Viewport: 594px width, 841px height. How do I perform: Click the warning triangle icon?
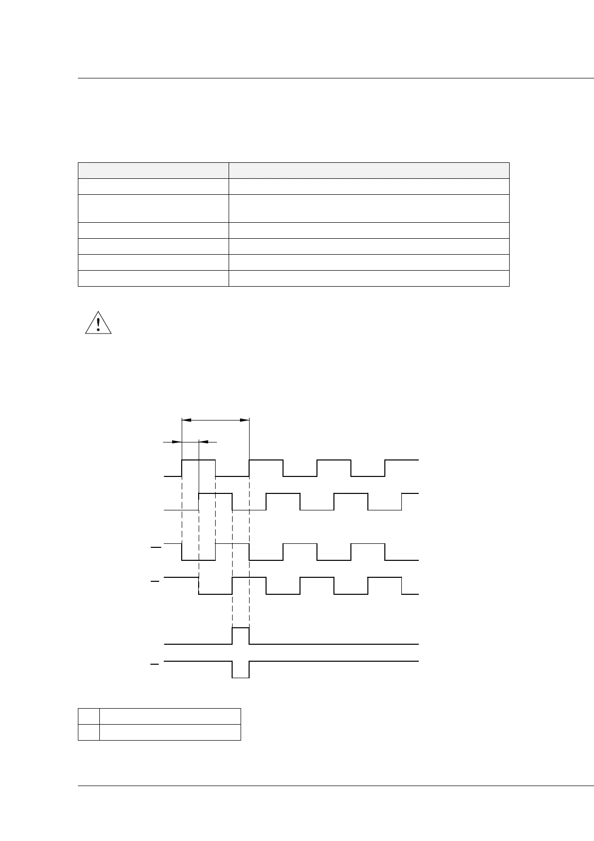click(x=98, y=323)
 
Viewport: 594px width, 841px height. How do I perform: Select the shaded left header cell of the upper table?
click(x=153, y=170)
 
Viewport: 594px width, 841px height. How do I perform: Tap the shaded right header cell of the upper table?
click(x=369, y=170)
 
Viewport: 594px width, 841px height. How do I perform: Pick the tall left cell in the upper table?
click(x=153, y=208)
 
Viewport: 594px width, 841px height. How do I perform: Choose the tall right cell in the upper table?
click(x=369, y=208)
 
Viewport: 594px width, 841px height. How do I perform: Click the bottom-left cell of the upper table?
click(x=153, y=278)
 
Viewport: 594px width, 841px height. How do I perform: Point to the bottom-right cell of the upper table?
click(x=369, y=278)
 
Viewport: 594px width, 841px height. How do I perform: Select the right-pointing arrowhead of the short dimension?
click(x=177, y=441)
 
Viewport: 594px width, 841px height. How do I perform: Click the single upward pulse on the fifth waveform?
click(x=241, y=635)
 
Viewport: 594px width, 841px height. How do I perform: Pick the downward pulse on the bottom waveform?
click(x=241, y=670)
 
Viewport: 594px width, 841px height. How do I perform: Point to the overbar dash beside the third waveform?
click(x=156, y=548)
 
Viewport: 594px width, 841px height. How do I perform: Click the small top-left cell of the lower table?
click(x=89, y=716)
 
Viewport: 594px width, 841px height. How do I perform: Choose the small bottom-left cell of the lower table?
click(x=89, y=732)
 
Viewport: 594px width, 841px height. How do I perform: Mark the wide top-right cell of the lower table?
click(x=170, y=716)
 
